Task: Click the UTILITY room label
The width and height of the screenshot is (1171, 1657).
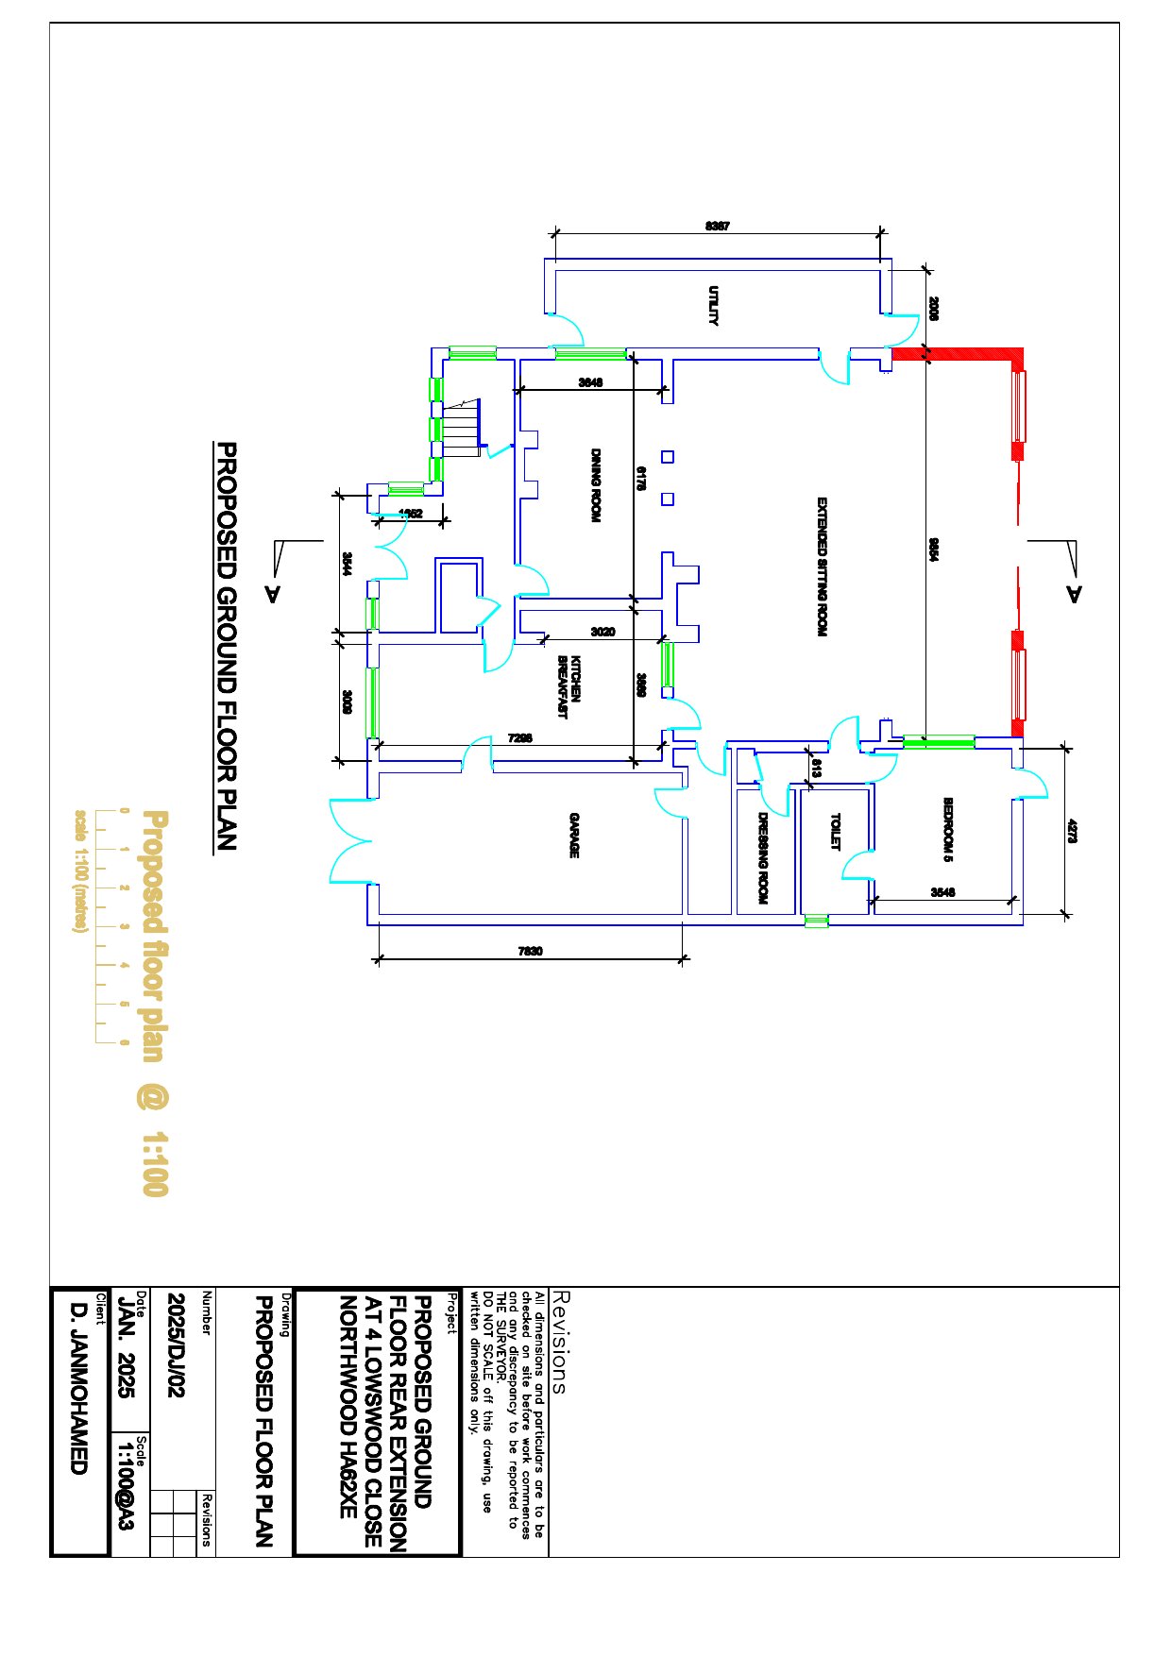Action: pos(714,306)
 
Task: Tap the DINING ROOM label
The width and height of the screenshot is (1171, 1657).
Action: pos(596,485)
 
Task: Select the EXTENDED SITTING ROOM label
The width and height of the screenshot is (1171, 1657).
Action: pos(822,566)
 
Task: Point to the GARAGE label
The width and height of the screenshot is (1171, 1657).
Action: pos(574,836)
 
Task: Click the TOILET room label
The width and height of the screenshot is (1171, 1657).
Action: pos(835,832)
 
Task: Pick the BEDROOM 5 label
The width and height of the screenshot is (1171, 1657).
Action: pos(948,830)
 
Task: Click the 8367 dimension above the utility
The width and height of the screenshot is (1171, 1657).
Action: pos(718,227)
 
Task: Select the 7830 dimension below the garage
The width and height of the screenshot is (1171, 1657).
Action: pos(531,952)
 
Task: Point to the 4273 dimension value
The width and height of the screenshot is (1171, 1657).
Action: pos(1073,831)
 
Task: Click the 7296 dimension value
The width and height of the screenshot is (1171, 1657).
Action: pos(520,738)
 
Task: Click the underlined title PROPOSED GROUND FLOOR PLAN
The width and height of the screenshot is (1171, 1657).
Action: pos(227,647)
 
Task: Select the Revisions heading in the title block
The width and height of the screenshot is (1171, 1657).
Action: pos(558,1342)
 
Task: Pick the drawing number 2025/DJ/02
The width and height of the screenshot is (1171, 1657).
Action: pos(177,1344)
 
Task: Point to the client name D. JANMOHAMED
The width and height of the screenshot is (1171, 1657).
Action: pos(79,1388)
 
